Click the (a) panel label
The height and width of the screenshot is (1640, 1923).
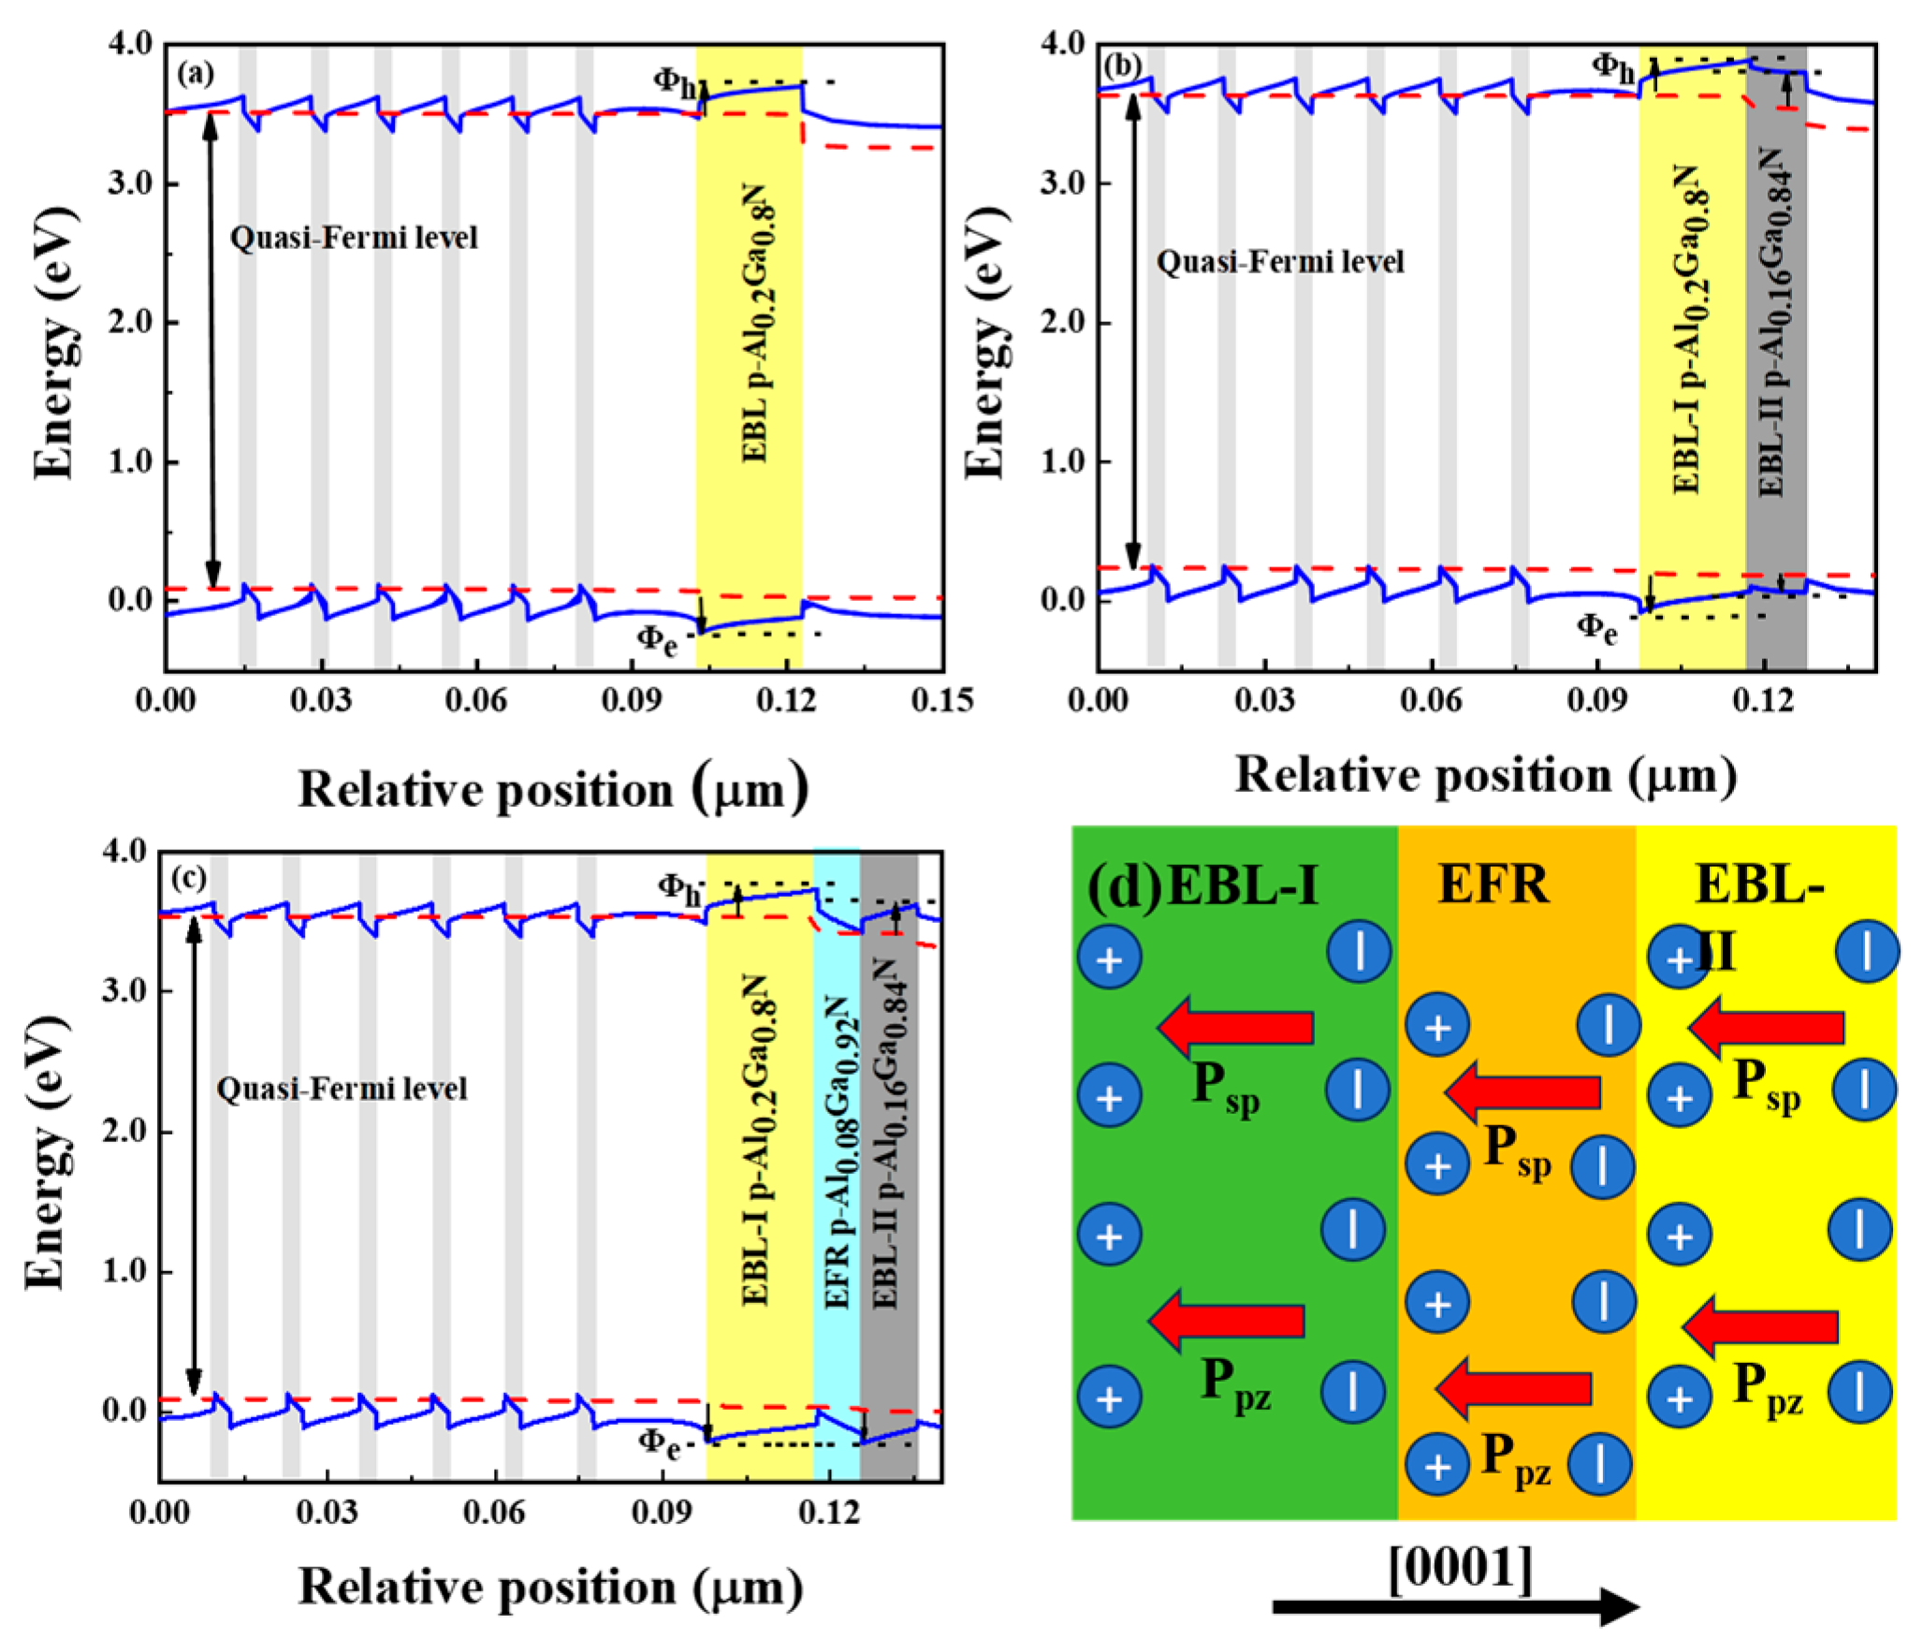pyautogui.click(x=196, y=72)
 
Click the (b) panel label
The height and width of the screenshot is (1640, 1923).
pyautogui.click(x=1123, y=66)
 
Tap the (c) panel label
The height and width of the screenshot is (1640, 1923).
pyautogui.click(x=189, y=877)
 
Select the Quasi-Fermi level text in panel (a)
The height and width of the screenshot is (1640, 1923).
pyautogui.click(x=354, y=238)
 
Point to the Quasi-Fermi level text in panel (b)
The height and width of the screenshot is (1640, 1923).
pyautogui.click(x=1280, y=261)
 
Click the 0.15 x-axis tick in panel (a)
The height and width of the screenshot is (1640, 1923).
pyautogui.click(x=941, y=700)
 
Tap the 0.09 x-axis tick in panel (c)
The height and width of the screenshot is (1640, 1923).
pyautogui.click(x=662, y=1511)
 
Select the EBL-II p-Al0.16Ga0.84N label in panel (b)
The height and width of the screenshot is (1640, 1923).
pyautogui.click(x=1773, y=323)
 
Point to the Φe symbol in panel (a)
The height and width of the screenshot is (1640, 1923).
pyautogui.click(x=657, y=640)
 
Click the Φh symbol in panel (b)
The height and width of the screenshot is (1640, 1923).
pyautogui.click(x=1613, y=66)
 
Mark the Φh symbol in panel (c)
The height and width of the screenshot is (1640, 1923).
pyautogui.click(x=678, y=887)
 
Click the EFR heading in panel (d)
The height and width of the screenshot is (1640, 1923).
pyautogui.click(x=1493, y=884)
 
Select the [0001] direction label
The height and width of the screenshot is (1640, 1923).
pyautogui.click(x=1461, y=1567)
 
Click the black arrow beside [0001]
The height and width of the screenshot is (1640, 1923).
pyautogui.click(x=1455, y=1606)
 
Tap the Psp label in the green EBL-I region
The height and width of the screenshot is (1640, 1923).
pyautogui.click(x=1225, y=1090)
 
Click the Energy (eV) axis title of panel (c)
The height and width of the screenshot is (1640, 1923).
pyautogui.click(x=47, y=1152)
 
